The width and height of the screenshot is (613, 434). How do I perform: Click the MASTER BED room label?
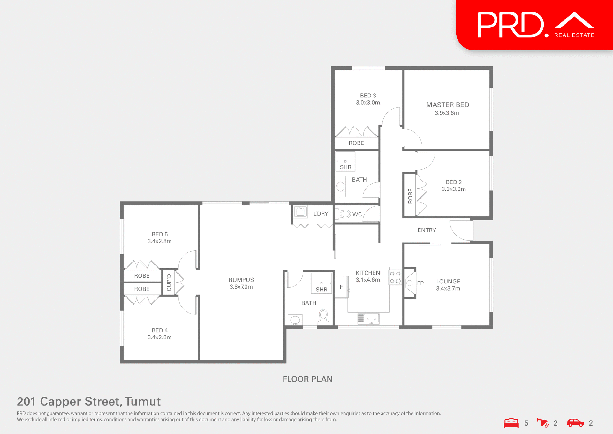click(447, 105)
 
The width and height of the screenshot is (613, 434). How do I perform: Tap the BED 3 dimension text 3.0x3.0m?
click(368, 103)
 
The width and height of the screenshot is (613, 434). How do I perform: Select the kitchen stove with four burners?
click(395, 277)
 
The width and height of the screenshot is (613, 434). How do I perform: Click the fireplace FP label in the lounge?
click(420, 283)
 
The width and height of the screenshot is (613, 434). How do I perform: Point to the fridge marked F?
click(341, 287)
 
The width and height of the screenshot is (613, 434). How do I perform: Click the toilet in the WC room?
click(344, 214)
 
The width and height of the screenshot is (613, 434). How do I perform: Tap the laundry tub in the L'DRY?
click(300, 212)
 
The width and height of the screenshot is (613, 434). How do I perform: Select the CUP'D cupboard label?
click(169, 282)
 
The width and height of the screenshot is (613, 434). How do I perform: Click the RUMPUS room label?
click(241, 280)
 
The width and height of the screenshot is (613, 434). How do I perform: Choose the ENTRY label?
click(427, 230)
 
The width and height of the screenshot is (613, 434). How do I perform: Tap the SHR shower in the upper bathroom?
click(345, 162)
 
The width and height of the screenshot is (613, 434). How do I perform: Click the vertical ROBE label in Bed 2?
click(410, 196)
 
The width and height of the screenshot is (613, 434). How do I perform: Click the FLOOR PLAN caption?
click(307, 379)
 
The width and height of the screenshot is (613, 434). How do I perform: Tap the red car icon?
click(575, 423)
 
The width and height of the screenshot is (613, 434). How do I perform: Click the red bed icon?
click(511, 423)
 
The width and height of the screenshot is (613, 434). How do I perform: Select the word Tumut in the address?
click(142, 401)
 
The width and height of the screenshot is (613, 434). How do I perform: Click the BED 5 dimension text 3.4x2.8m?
click(159, 241)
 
